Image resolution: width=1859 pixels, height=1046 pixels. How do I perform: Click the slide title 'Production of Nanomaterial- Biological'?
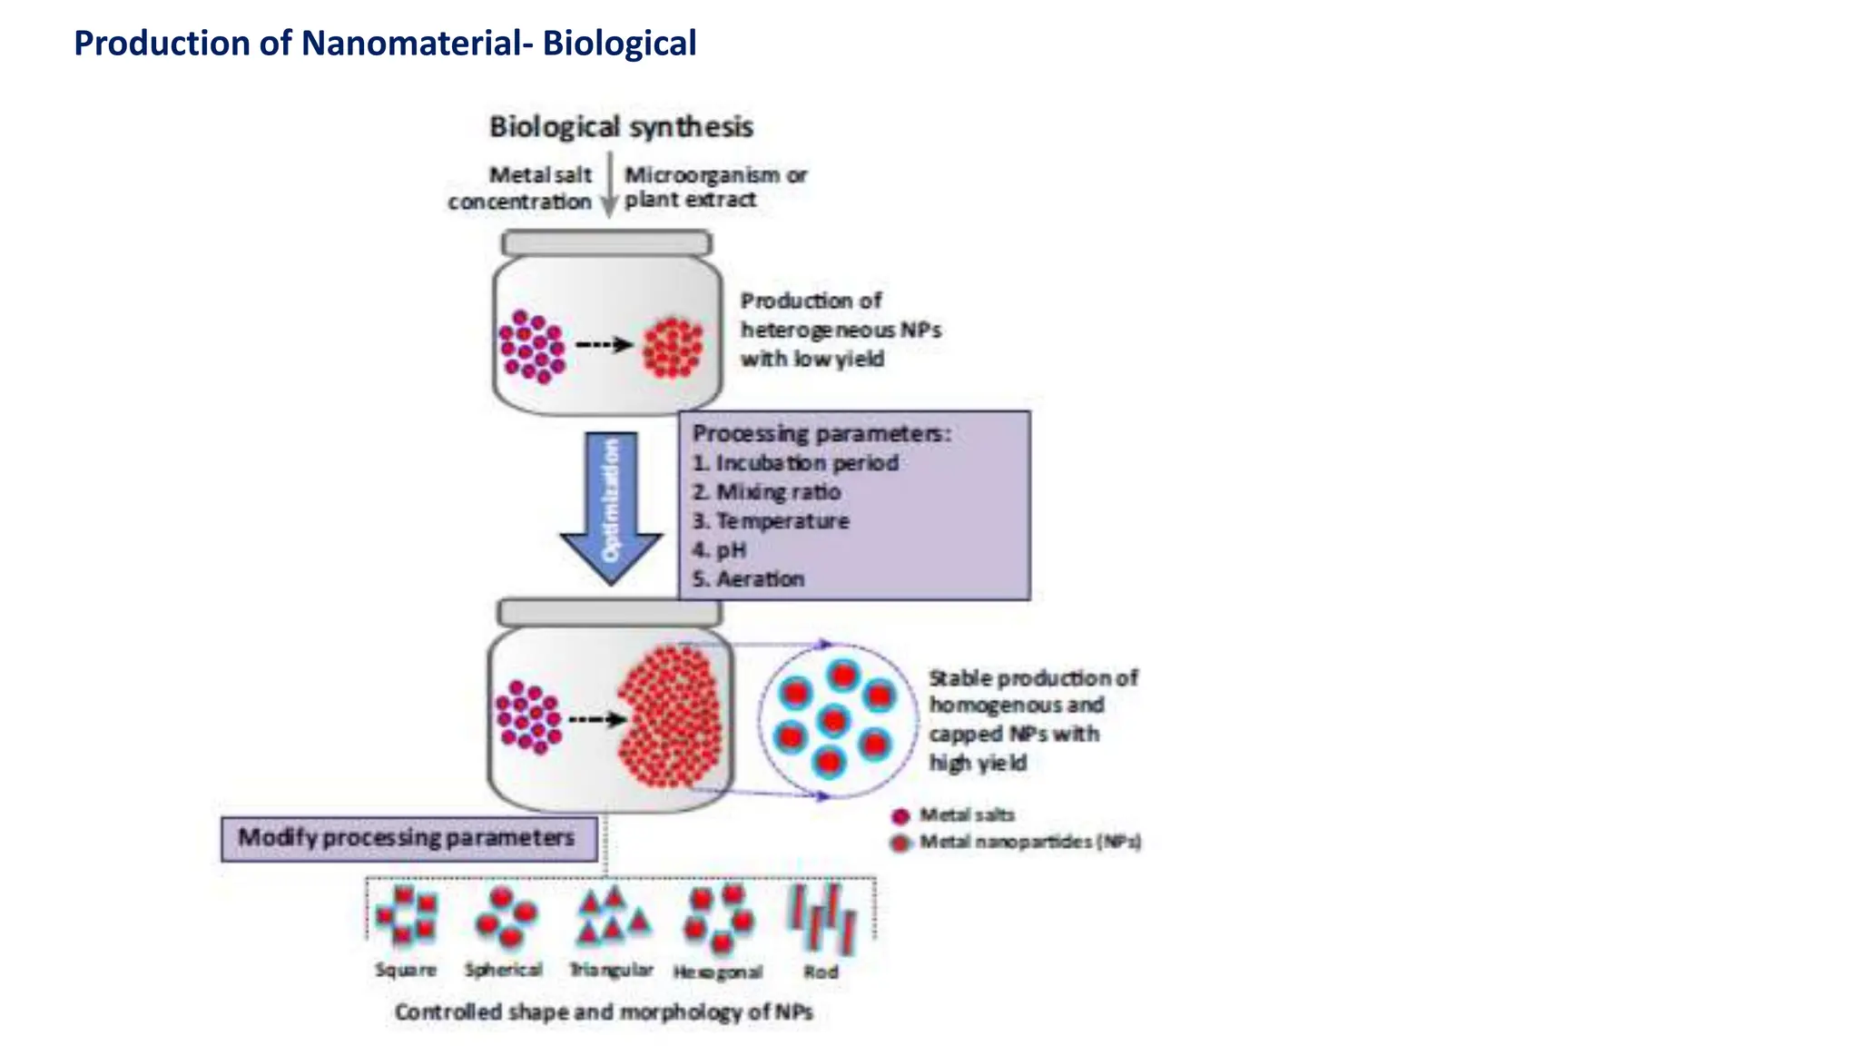pyautogui.click(x=385, y=44)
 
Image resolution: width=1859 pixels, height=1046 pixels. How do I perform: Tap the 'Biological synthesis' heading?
pyautogui.click(x=621, y=127)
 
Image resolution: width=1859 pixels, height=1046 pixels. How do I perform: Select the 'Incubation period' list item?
pyautogui.click(x=796, y=463)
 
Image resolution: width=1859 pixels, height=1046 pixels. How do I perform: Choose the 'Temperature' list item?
pyautogui.click(x=772, y=521)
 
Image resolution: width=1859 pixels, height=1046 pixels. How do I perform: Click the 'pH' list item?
pyautogui.click(x=720, y=550)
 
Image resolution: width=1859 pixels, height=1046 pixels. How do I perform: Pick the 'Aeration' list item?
pyautogui.click(x=749, y=579)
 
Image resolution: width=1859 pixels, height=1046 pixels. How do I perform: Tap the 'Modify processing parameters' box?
pyautogui.click(x=408, y=838)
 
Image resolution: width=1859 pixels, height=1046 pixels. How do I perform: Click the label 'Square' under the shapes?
pyautogui.click(x=406, y=970)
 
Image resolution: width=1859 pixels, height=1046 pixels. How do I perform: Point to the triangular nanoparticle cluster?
pyautogui.click(x=614, y=915)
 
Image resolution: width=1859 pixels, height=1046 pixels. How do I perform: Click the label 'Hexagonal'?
pyautogui.click(x=718, y=972)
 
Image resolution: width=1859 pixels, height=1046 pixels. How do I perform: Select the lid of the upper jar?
pyautogui.click(x=606, y=243)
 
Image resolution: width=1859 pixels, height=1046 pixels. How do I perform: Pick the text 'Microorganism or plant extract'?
pyautogui.click(x=714, y=187)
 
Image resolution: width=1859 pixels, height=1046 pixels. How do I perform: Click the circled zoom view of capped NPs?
pyautogui.click(x=835, y=721)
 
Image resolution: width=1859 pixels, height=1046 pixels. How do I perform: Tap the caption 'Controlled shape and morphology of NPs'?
pyautogui.click(x=604, y=1012)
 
